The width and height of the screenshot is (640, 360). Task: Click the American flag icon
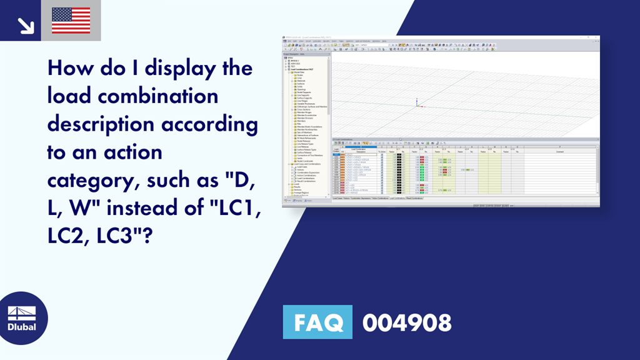click(x=71, y=21)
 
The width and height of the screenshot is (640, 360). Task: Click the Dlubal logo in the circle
click(x=22, y=319)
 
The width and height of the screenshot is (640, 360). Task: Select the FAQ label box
click(x=317, y=322)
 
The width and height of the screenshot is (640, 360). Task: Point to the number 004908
click(x=407, y=322)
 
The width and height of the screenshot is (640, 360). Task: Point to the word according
click(x=210, y=124)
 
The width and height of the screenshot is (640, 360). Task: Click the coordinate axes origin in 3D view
click(x=416, y=104)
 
